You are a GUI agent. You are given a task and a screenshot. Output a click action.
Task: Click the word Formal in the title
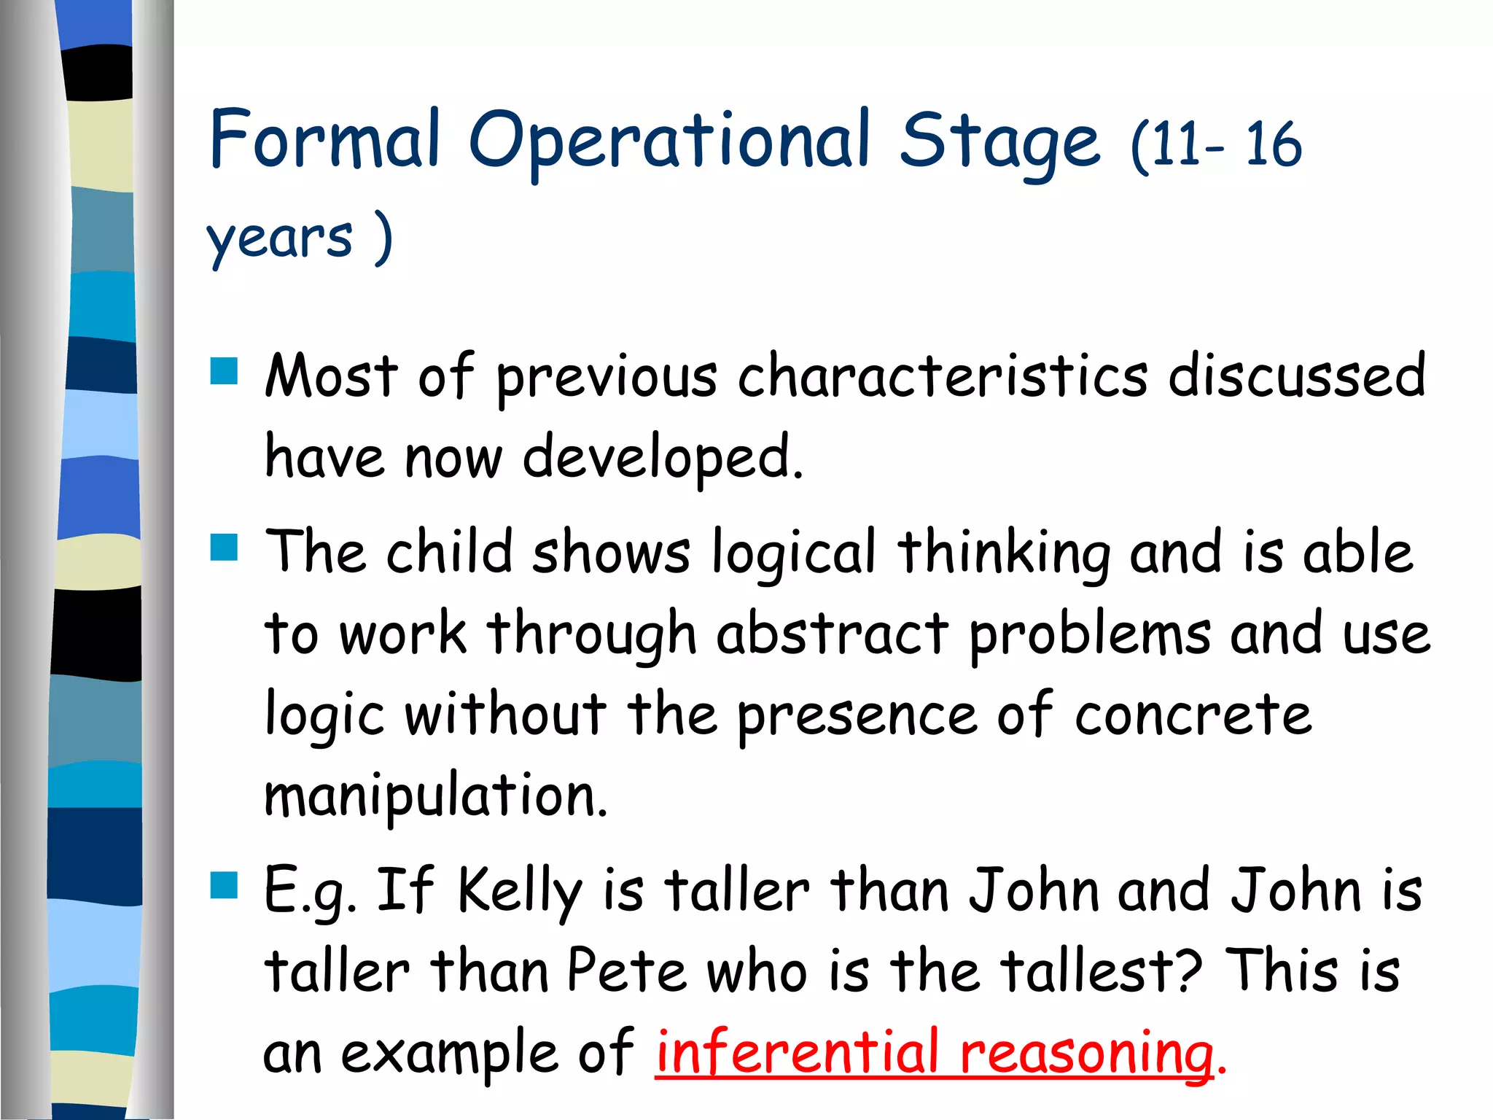[x=325, y=139]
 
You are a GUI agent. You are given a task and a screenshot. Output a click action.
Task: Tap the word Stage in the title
[x=999, y=142]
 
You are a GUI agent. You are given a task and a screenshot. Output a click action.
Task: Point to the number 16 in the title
[x=1273, y=144]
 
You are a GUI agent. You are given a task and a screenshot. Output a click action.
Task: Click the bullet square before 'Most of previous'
[x=224, y=370]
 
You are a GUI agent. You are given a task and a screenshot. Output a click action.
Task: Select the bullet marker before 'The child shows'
[x=224, y=547]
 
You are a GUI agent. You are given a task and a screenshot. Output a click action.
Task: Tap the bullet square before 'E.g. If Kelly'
[x=224, y=884]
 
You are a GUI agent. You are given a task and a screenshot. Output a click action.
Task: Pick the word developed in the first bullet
[x=662, y=458]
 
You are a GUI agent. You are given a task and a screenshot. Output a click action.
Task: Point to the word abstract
[x=832, y=633]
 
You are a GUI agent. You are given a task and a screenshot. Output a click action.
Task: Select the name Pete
[x=627, y=971]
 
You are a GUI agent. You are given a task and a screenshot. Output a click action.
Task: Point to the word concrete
[x=1193, y=715]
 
